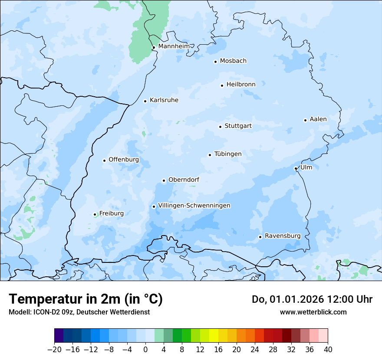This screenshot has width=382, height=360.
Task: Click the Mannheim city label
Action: [x=174, y=46]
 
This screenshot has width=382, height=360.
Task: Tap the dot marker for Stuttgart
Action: [x=220, y=127]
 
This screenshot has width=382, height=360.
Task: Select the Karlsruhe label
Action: [x=164, y=100]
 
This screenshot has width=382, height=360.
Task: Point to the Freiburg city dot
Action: [x=95, y=214]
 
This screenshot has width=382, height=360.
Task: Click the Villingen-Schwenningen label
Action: [x=194, y=206]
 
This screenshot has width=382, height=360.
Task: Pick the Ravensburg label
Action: [x=283, y=236]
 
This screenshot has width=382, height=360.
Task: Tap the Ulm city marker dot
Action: [x=296, y=168]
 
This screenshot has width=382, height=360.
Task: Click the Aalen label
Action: [x=318, y=119]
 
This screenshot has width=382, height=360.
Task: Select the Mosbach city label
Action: [x=233, y=61]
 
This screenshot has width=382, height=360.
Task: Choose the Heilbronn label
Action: [x=241, y=85]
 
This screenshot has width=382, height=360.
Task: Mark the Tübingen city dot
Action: [x=210, y=155]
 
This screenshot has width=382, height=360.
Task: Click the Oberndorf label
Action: [x=184, y=180]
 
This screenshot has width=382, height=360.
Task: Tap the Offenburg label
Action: [x=124, y=160]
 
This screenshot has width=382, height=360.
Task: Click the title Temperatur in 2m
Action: [x=86, y=299]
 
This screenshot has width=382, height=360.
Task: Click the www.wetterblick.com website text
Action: [x=313, y=312]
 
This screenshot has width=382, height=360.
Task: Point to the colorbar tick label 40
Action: [x=328, y=350]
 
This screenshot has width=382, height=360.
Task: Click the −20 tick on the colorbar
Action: [x=54, y=350]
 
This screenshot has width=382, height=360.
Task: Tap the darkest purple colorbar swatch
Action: [x=59, y=336]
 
